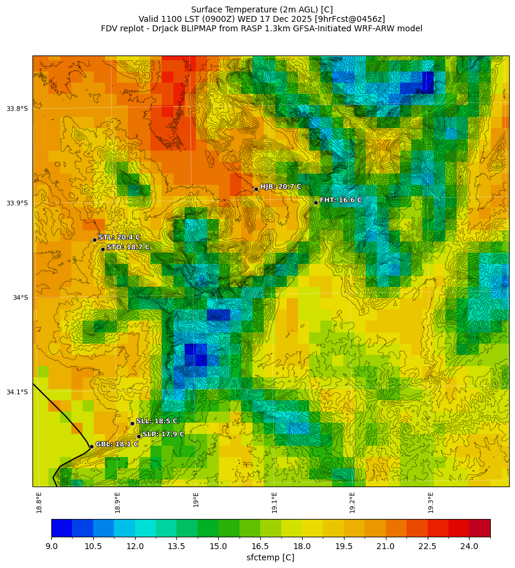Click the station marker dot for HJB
pyautogui.click(x=256, y=189)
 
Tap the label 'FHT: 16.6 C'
pyautogui.click(x=341, y=200)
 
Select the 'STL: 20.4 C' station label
pyautogui.click(x=119, y=237)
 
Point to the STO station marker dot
pyautogui.click(x=103, y=249)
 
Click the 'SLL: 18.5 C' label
pyautogui.click(x=157, y=421)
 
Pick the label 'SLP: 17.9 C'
pyautogui.click(x=163, y=434)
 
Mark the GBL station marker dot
pyautogui.click(x=91, y=446)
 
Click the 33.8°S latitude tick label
pyautogui.click(x=17, y=109)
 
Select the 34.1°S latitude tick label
pyautogui.click(x=17, y=392)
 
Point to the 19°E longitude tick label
pyautogui.click(x=196, y=500)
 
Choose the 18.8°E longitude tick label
pyautogui.click(x=40, y=502)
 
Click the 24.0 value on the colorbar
pyautogui.click(x=469, y=546)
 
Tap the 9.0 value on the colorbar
pyautogui.click(x=51, y=546)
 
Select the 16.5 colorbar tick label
pyautogui.click(x=260, y=546)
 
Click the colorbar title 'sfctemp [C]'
pyautogui.click(x=270, y=557)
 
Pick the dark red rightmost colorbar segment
pyautogui.click(x=480, y=528)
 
